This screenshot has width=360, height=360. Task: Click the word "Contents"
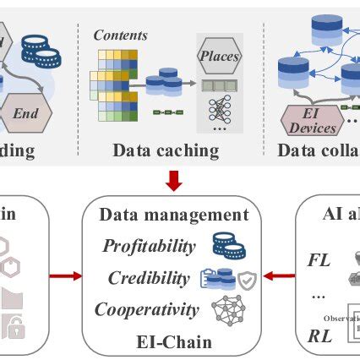[x=120, y=35]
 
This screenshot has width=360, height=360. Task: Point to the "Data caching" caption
[x=166, y=151]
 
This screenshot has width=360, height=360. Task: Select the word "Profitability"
[x=148, y=246]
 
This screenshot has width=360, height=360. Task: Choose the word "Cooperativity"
[x=146, y=309]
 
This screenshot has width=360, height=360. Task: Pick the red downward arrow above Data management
[x=174, y=180]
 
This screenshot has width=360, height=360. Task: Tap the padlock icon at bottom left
[x=13, y=328]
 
